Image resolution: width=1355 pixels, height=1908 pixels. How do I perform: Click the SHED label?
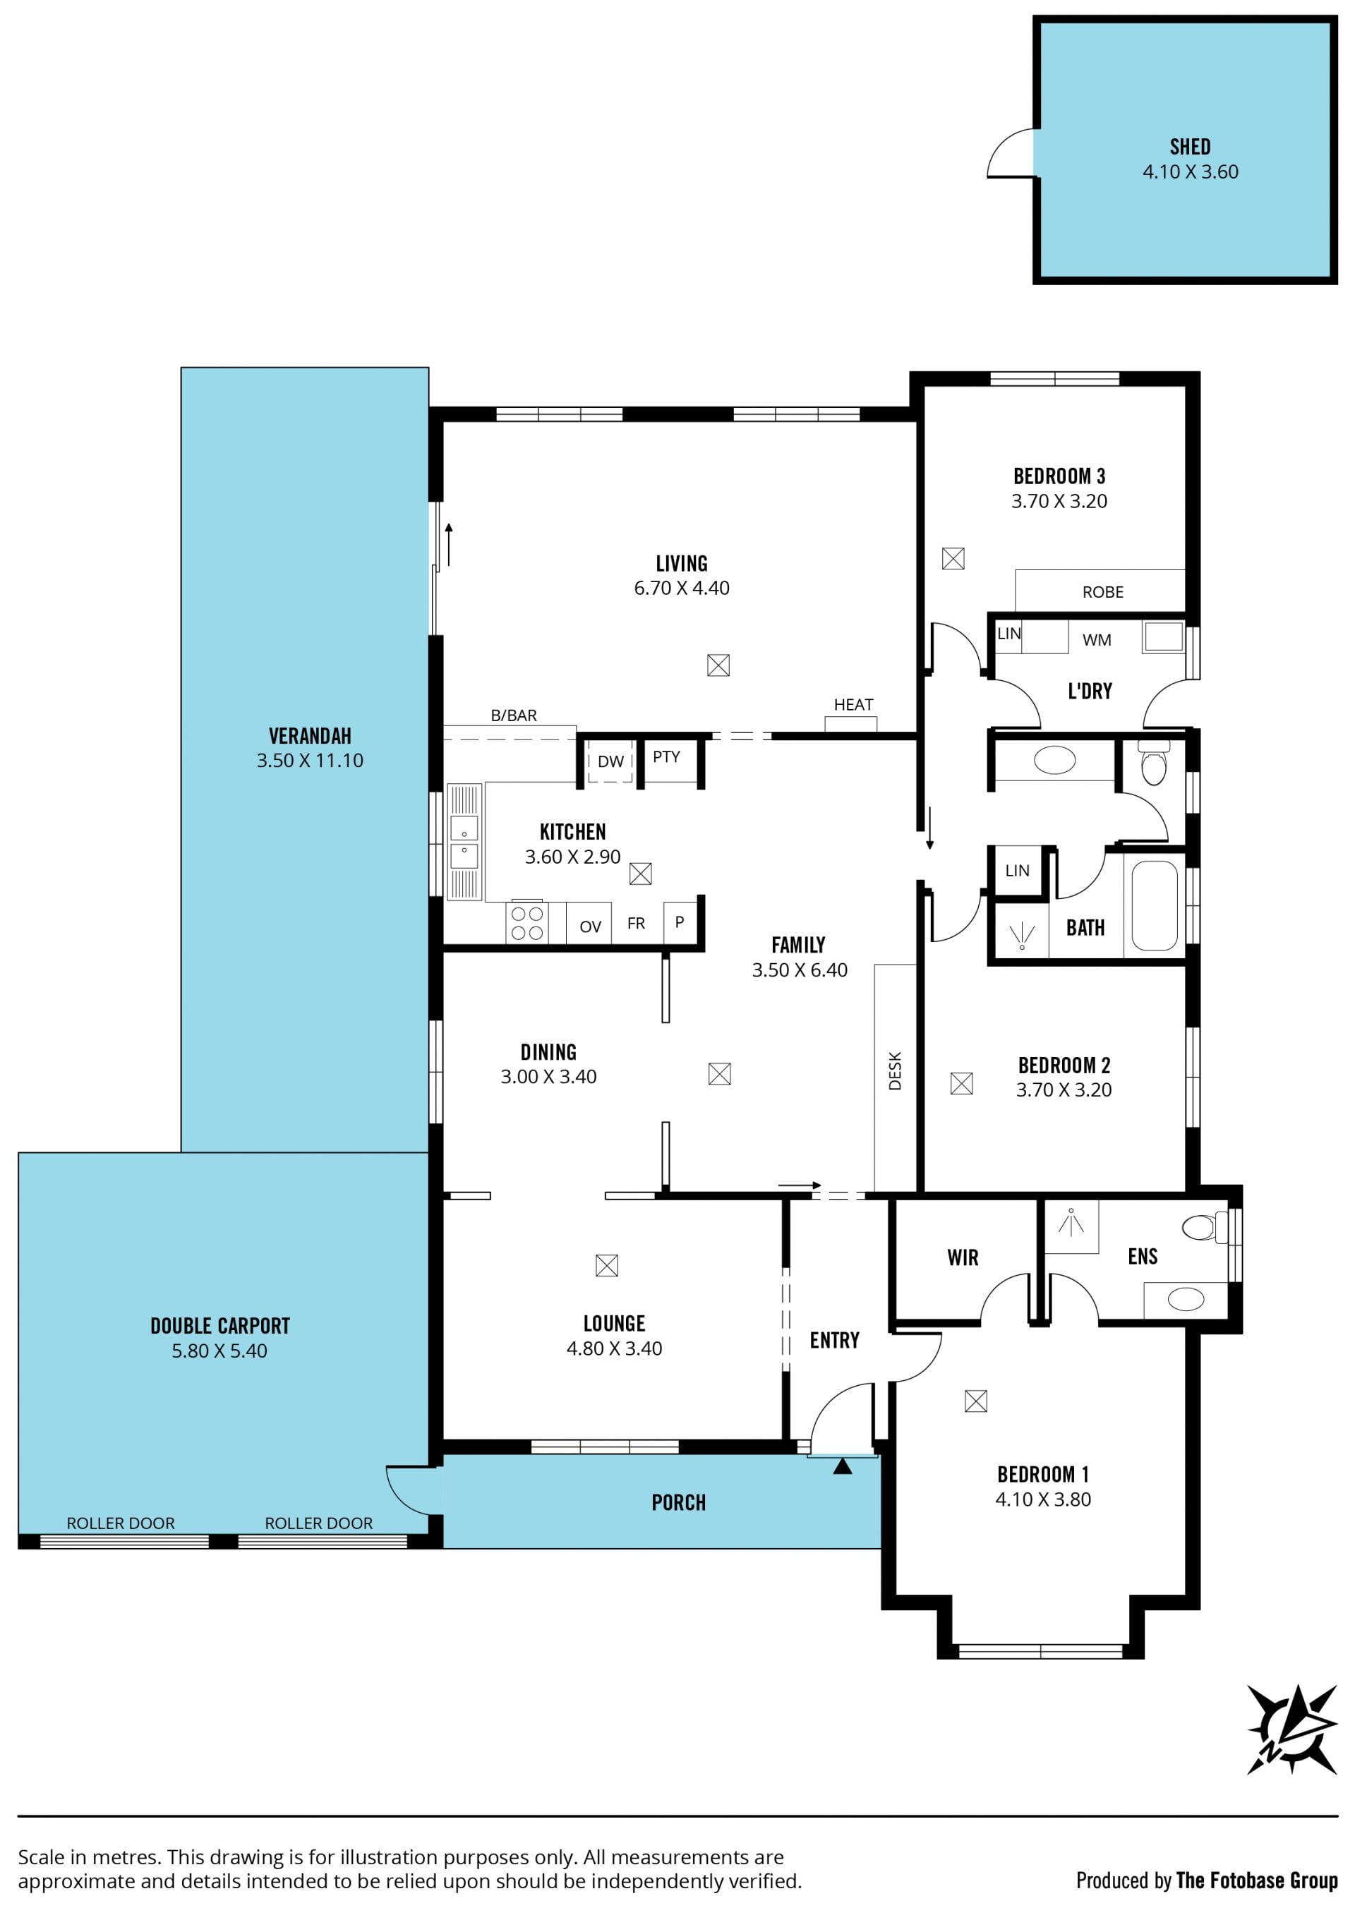coord(1190,147)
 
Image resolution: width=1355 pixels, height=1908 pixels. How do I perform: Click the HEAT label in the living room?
coord(853,705)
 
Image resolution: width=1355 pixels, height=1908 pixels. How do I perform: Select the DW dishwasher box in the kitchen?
coord(610,761)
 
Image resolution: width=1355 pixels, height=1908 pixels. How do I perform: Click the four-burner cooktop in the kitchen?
coord(526,924)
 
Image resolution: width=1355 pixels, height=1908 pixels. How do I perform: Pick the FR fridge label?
coord(636,924)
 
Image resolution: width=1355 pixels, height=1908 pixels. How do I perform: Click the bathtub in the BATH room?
coord(1155,906)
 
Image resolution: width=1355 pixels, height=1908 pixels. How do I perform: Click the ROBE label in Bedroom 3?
coord(1103,592)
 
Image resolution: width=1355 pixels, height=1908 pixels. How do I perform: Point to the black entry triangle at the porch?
coord(843,1465)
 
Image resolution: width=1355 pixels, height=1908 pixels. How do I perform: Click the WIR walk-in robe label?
coord(963,1258)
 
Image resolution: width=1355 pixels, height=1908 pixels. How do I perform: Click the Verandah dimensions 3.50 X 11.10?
coord(310,761)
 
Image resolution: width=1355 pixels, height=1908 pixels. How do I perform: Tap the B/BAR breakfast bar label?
coord(514,715)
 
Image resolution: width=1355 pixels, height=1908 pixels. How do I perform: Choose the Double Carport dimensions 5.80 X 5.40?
coord(219,1351)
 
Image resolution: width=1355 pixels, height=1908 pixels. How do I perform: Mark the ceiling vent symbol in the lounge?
coord(607,1266)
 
